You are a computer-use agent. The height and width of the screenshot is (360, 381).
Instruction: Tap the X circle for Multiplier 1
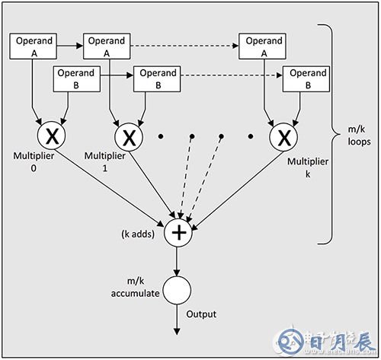[x=130, y=138]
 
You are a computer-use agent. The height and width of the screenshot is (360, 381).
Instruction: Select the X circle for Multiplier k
[x=283, y=138]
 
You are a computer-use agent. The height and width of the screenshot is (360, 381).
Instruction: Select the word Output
[x=201, y=314]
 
